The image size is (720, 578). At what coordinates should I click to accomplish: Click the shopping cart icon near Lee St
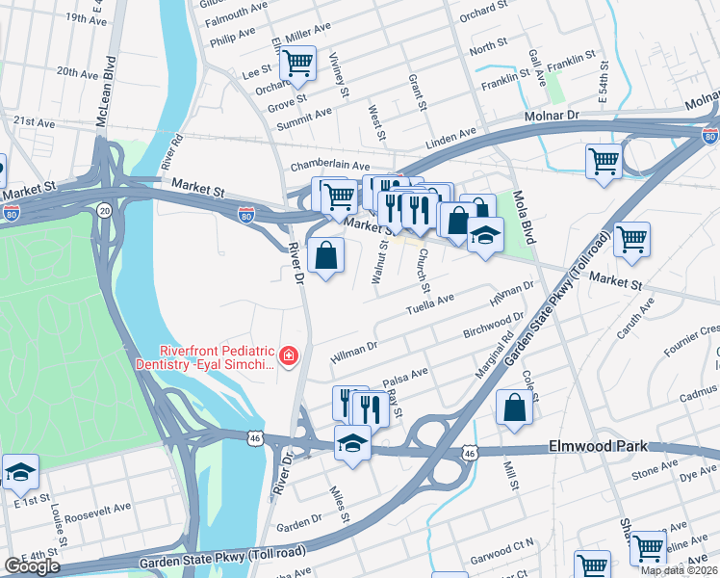[297, 64]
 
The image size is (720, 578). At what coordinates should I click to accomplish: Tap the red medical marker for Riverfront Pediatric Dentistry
[287, 357]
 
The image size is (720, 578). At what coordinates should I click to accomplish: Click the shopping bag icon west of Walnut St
[326, 256]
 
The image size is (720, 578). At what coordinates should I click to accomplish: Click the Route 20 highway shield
[104, 209]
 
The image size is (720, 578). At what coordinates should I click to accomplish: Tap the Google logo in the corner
[32, 566]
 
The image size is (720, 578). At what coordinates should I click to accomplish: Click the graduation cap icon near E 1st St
[20, 472]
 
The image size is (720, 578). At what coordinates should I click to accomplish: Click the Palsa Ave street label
[405, 376]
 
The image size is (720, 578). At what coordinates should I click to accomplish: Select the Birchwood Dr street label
[493, 325]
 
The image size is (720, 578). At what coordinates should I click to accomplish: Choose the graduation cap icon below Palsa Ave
[352, 444]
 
